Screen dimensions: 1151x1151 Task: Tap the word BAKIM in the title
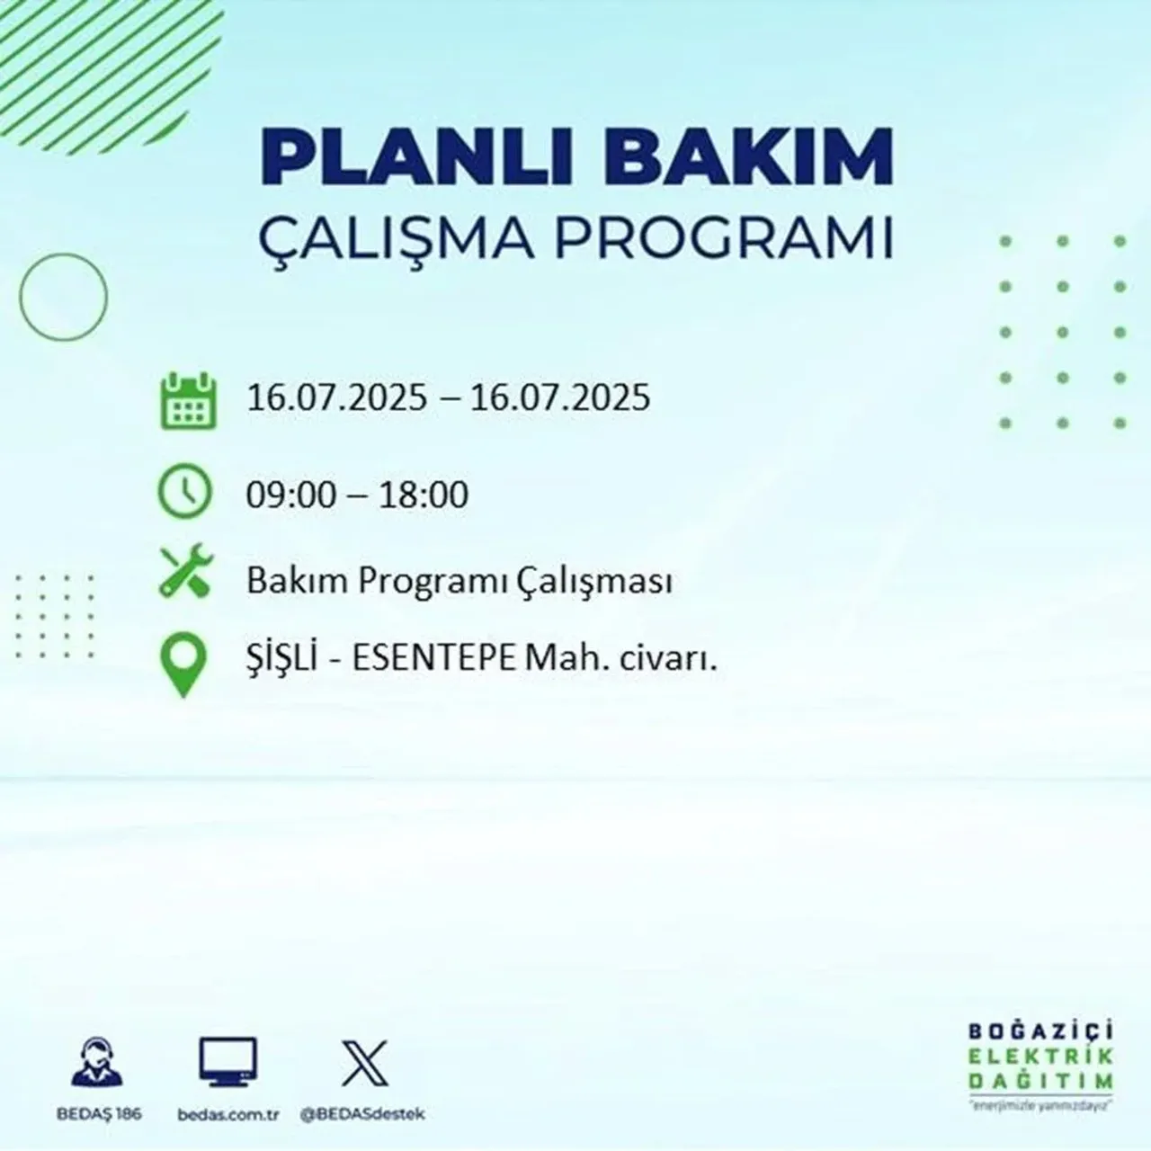click(735, 158)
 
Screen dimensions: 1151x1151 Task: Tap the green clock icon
click(185, 493)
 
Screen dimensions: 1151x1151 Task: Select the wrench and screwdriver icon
click(185, 573)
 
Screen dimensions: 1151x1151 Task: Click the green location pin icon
click(183, 664)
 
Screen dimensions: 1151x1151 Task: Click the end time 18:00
click(424, 495)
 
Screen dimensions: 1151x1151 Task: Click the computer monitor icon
click(228, 1064)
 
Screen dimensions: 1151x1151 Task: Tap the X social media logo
click(365, 1063)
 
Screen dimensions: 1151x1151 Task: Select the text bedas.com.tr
click(228, 1114)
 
